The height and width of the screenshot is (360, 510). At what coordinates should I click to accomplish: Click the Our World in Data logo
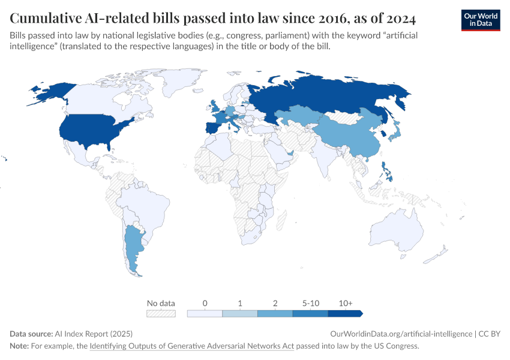point(480,19)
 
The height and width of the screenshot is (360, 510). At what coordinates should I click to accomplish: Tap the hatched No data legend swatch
point(161,313)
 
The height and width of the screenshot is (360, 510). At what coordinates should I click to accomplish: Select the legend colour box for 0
point(205,313)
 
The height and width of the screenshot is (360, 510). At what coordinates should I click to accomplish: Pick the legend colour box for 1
point(239,313)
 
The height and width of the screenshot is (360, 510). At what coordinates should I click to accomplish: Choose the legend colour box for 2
point(275,313)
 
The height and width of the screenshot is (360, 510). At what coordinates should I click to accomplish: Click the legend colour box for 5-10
point(310,313)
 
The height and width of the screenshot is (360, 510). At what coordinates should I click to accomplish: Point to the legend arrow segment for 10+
point(345,313)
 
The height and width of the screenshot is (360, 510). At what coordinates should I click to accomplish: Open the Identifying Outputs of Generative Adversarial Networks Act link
point(191,346)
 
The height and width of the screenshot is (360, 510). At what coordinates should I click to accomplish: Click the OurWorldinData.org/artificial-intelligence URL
point(400,334)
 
